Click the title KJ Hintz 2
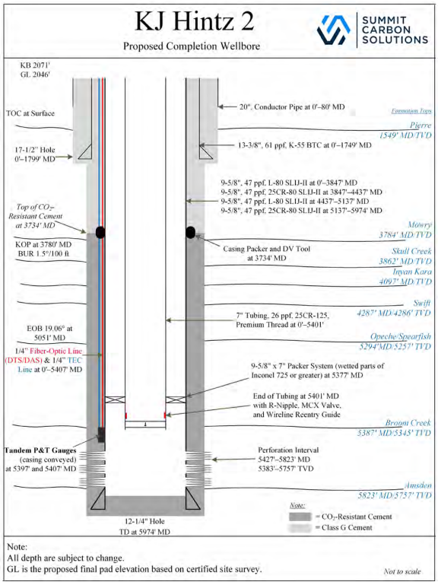coord(194,21)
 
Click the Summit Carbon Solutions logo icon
coord(333,30)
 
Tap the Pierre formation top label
coord(421,125)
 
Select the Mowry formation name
coord(420,224)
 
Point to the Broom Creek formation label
coord(408,423)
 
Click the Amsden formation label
coord(418,485)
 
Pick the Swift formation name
coord(422,303)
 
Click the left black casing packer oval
coord(100,232)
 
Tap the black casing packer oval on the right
coord(190,232)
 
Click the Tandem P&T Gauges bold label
coord(40,450)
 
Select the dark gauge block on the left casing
coord(101,434)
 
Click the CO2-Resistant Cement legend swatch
coord(300,517)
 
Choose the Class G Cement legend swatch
coord(300,527)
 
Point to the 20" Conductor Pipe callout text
coord(292,107)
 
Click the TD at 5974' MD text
coord(144,532)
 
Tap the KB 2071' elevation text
coord(35,65)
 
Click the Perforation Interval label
coord(288,450)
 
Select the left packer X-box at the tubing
coord(115,399)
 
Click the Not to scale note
coord(402,571)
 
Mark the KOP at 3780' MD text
coord(43,244)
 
